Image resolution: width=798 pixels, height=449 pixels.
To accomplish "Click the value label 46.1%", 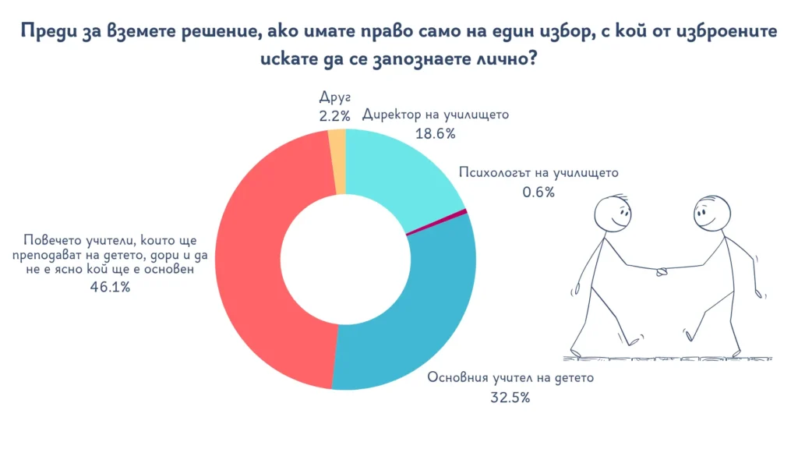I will [x=110, y=287].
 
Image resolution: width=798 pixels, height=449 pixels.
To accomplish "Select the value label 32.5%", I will [x=510, y=398].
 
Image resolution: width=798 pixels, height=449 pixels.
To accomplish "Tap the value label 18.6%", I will [x=435, y=133].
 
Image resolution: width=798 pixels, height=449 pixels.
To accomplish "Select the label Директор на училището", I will [x=435, y=115].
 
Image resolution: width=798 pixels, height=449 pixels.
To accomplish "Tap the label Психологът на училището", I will [x=538, y=173].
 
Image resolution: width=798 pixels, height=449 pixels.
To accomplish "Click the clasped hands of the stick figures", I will [x=662, y=271].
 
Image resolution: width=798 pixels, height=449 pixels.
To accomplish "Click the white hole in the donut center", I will [x=344, y=259].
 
